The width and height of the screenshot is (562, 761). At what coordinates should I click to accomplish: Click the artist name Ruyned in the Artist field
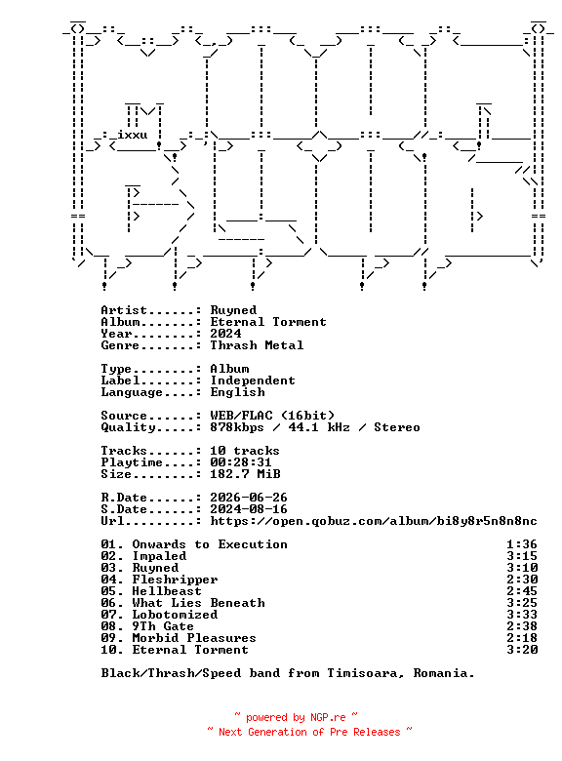point(233,310)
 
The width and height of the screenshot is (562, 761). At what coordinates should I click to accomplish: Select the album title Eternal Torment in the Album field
point(268,322)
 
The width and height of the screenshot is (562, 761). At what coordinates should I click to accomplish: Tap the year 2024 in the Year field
point(225,334)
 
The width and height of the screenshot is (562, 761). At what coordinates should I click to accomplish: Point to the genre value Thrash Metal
point(257,345)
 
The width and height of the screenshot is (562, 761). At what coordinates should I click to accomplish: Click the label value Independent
point(253,380)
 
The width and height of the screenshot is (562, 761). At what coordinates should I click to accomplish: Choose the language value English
point(237,392)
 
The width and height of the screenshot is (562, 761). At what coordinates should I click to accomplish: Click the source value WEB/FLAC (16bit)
point(272,416)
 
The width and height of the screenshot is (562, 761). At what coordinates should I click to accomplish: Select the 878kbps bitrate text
point(237,427)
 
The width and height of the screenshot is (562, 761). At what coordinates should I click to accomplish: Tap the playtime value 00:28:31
point(241,462)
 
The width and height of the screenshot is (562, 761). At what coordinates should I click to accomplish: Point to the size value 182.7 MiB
point(245,474)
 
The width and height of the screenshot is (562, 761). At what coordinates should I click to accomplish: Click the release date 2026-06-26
point(249,498)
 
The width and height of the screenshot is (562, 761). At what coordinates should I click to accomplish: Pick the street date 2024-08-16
point(249,509)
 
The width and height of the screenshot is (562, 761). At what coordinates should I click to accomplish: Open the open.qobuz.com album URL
point(374,521)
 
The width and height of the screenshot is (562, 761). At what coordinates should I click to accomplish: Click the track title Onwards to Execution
point(210,544)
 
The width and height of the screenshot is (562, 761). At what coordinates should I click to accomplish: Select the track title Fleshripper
point(176,580)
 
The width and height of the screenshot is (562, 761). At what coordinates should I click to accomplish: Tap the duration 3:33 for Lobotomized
point(522,615)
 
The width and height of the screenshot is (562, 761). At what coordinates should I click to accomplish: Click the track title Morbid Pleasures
point(194,638)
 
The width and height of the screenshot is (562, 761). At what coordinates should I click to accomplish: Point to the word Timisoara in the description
point(366,673)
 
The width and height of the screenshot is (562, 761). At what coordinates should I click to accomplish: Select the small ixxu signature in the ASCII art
point(133,135)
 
